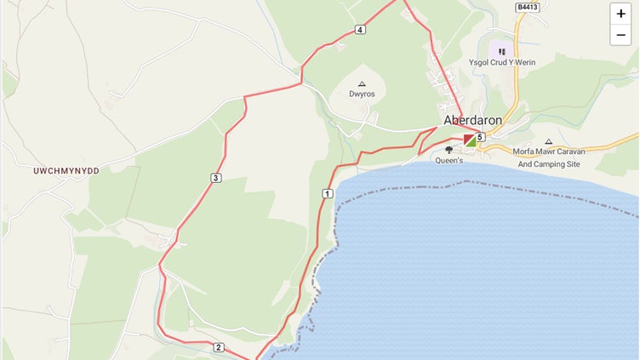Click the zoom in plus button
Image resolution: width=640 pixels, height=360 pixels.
click(x=621, y=14)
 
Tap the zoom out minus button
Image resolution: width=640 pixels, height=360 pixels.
click(x=621, y=34)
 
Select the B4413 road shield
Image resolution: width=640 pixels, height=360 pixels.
click(x=527, y=8)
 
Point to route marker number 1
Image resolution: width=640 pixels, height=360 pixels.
click(x=327, y=195)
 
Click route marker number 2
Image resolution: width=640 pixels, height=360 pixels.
click(x=219, y=347)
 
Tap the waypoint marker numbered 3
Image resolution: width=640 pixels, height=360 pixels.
click(x=216, y=178)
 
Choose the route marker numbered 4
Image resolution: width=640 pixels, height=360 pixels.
click(x=361, y=31)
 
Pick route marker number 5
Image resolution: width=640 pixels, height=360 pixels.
click(x=480, y=137)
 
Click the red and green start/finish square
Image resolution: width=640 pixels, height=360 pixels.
click(x=470, y=140)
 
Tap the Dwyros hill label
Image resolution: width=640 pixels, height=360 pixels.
click(x=362, y=94)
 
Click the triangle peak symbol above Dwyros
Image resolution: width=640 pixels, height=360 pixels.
click(x=362, y=83)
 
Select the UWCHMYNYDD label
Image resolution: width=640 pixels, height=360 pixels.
click(x=66, y=171)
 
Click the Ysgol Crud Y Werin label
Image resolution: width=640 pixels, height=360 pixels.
click(x=501, y=63)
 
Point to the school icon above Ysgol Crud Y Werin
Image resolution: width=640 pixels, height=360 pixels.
click(x=502, y=51)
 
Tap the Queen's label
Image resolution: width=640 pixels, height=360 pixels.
click(x=449, y=160)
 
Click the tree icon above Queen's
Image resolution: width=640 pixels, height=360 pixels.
click(x=449, y=150)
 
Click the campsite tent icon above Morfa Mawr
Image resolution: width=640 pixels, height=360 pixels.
click(x=548, y=141)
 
